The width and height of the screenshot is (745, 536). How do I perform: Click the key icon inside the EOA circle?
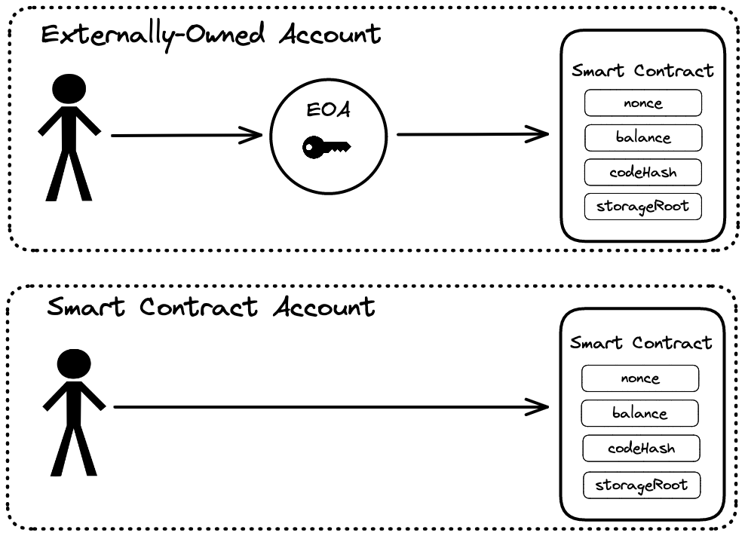(x=327, y=147)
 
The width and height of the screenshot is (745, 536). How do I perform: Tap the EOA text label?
(x=328, y=111)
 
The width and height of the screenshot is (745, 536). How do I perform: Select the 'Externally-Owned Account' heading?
(x=211, y=35)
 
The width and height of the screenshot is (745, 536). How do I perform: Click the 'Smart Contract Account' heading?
(x=211, y=307)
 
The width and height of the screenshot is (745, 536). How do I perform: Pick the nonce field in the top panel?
(x=642, y=103)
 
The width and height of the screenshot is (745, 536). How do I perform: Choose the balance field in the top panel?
(x=642, y=138)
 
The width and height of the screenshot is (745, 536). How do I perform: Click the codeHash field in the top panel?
(x=642, y=172)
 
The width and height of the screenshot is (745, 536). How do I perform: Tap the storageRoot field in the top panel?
(x=642, y=206)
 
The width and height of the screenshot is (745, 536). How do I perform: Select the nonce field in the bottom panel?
(x=640, y=378)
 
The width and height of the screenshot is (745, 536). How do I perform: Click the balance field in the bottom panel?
(x=639, y=413)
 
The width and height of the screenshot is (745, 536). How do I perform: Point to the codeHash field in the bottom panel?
(x=641, y=449)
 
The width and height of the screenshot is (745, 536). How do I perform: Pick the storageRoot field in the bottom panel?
(x=641, y=484)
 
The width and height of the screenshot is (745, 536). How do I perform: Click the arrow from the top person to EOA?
(x=185, y=136)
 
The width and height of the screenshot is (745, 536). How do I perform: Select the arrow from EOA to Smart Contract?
(x=472, y=135)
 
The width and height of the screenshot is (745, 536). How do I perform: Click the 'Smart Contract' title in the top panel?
(x=642, y=71)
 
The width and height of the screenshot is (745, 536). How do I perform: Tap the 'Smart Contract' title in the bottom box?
(x=641, y=343)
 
